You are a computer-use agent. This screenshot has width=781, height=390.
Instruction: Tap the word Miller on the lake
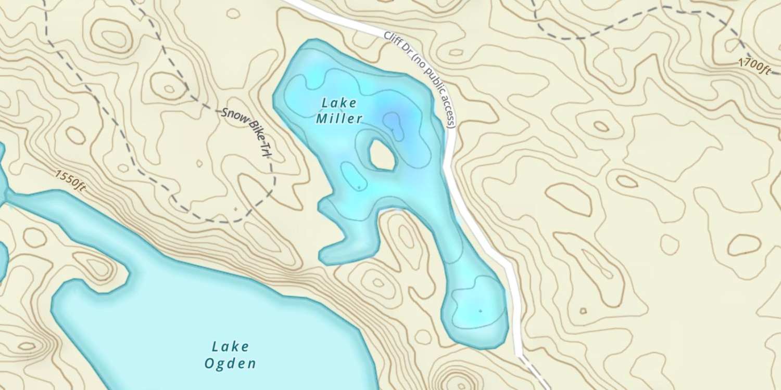(339, 119)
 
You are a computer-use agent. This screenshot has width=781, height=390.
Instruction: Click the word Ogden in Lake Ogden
(230, 363)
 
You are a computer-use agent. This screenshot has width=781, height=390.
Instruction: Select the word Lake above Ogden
(231, 346)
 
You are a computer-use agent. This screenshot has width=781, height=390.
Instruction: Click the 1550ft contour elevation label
(69, 180)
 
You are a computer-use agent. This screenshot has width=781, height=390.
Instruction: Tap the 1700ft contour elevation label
(754, 66)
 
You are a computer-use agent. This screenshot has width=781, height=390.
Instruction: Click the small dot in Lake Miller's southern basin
(480, 311)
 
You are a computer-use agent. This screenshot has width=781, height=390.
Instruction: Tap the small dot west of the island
(359, 186)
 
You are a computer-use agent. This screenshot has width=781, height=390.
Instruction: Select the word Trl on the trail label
(269, 157)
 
